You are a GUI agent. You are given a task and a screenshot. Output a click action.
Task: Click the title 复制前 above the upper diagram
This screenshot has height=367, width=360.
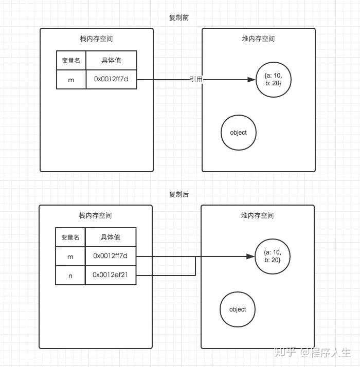(x=179, y=17)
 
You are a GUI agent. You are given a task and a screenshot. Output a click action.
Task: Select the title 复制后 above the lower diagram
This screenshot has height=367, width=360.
(x=179, y=194)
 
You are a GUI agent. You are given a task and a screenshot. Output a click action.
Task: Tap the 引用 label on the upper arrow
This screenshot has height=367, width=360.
(x=195, y=79)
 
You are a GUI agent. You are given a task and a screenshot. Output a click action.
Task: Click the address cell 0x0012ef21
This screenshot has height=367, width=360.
(x=111, y=275)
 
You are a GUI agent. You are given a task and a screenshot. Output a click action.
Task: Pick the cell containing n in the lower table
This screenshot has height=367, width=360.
(x=70, y=276)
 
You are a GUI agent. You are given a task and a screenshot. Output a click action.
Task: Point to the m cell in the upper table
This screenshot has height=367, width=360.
(x=71, y=80)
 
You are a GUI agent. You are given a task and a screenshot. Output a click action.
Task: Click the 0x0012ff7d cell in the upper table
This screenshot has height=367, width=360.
(x=111, y=80)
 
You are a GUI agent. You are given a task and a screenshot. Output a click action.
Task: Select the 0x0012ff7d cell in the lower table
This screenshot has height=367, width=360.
(x=111, y=255)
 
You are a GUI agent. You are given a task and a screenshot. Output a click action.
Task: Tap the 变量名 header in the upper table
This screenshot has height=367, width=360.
(x=71, y=60)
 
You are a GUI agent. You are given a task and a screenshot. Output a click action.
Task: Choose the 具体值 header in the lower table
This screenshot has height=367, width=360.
(x=111, y=237)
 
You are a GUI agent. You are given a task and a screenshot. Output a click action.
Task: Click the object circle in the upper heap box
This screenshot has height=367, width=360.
(x=238, y=133)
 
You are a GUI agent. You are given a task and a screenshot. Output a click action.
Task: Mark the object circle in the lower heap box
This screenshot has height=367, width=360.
(x=238, y=309)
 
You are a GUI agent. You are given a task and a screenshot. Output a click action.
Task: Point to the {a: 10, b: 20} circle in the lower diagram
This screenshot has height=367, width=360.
(x=272, y=256)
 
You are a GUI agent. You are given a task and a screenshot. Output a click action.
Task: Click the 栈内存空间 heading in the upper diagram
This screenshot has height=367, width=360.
(x=96, y=39)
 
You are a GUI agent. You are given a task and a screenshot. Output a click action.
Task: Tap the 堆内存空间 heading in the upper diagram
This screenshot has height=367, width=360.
(x=258, y=39)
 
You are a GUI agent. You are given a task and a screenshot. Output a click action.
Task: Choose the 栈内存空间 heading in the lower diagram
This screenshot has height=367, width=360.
(x=96, y=215)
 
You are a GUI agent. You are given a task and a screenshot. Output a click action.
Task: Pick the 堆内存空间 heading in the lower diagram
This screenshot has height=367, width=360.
(x=257, y=215)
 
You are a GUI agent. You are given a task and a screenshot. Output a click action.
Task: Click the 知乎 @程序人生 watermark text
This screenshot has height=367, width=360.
(x=312, y=353)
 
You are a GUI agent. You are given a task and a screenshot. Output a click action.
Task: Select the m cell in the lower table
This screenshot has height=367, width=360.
(x=70, y=256)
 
